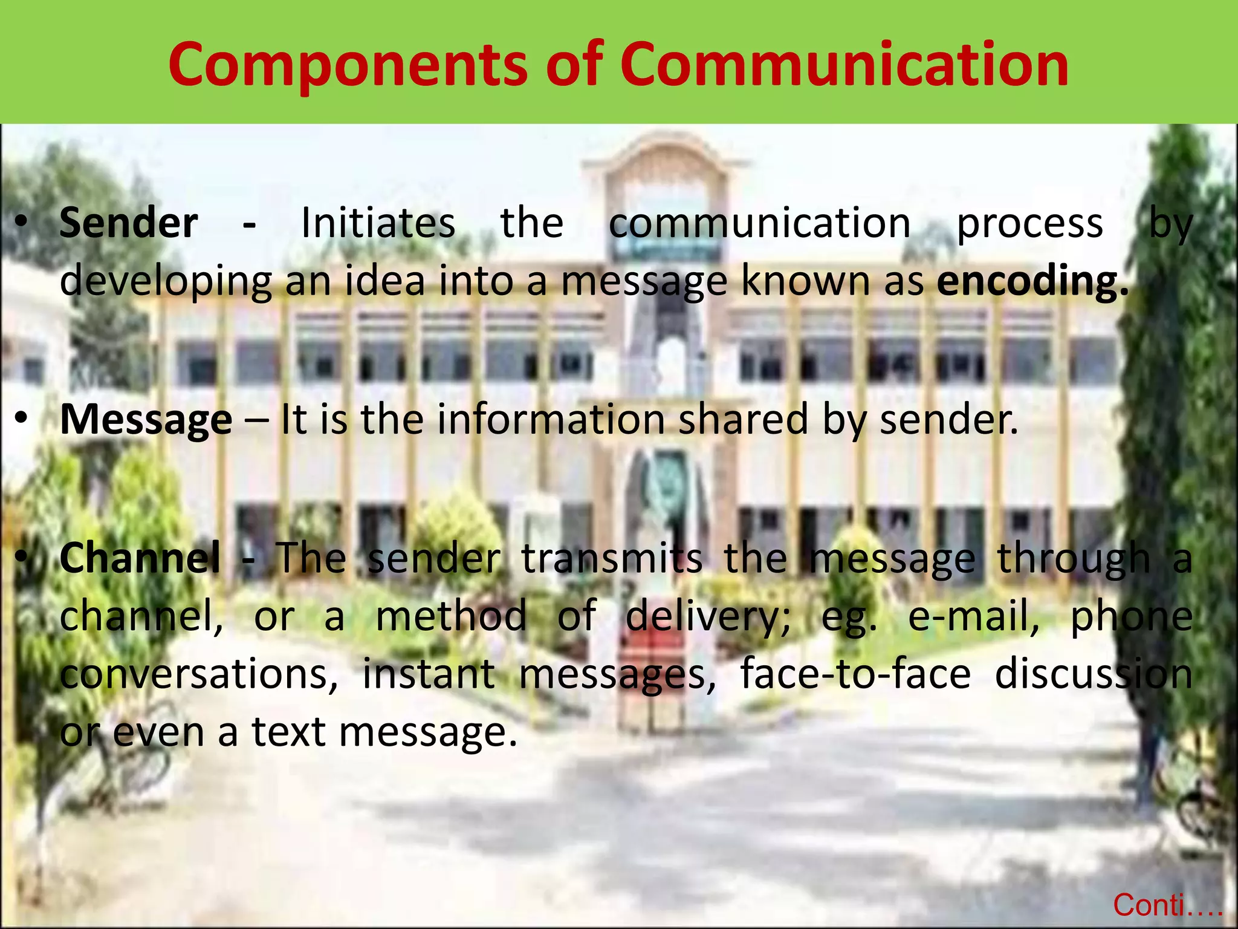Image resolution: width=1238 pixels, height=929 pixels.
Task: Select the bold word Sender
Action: coord(129,223)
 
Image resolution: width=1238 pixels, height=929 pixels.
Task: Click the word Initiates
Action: coord(378,223)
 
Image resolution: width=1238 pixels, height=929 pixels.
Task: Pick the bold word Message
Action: coord(146,420)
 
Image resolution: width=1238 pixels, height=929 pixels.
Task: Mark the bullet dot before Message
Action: coord(22,418)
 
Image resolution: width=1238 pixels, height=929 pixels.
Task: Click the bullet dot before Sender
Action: coord(22,223)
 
